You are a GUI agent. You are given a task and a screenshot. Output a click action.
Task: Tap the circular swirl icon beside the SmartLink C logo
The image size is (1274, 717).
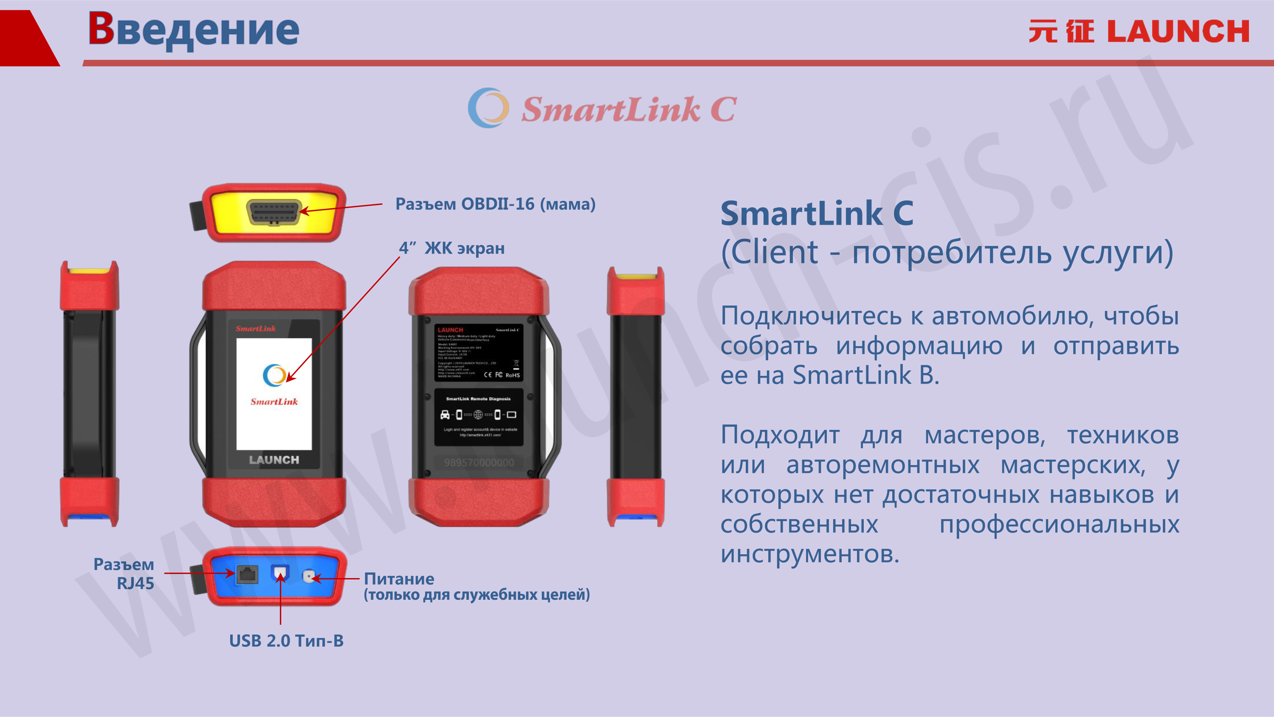tap(488, 108)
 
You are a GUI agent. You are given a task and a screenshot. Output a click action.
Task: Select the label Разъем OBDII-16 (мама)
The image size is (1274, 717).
tap(495, 204)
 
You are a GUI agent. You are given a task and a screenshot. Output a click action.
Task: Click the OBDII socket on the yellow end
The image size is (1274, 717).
tap(274, 213)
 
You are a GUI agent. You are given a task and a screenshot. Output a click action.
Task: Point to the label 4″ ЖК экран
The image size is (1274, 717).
tap(452, 248)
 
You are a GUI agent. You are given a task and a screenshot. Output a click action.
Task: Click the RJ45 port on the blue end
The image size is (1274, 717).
tap(247, 574)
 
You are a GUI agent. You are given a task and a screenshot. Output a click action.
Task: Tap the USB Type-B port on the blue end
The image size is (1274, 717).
tap(280, 573)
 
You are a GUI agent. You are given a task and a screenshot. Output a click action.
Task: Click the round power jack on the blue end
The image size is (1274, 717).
tap(309, 576)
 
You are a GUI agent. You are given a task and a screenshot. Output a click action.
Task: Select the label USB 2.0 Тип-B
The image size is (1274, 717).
tap(286, 641)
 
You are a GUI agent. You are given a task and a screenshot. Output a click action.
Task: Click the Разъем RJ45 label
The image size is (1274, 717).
tap(124, 573)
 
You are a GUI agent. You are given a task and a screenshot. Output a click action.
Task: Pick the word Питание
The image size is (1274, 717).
tap(399, 579)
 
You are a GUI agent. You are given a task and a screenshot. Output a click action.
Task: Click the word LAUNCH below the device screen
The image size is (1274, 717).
tap(274, 460)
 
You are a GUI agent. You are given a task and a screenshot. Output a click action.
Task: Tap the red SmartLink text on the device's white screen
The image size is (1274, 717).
tap(274, 402)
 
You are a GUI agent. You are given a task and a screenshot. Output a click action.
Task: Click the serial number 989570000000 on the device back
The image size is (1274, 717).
tap(479, 463)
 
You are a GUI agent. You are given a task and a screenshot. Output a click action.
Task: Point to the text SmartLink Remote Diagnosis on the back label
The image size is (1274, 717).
tap(478, 399)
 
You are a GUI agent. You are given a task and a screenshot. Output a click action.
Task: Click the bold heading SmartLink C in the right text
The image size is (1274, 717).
tap(817, 214)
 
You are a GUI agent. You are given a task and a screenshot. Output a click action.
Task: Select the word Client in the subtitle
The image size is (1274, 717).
tap(774, 252)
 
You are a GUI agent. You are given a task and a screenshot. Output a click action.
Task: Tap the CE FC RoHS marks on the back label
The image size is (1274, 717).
tap(502, 375)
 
